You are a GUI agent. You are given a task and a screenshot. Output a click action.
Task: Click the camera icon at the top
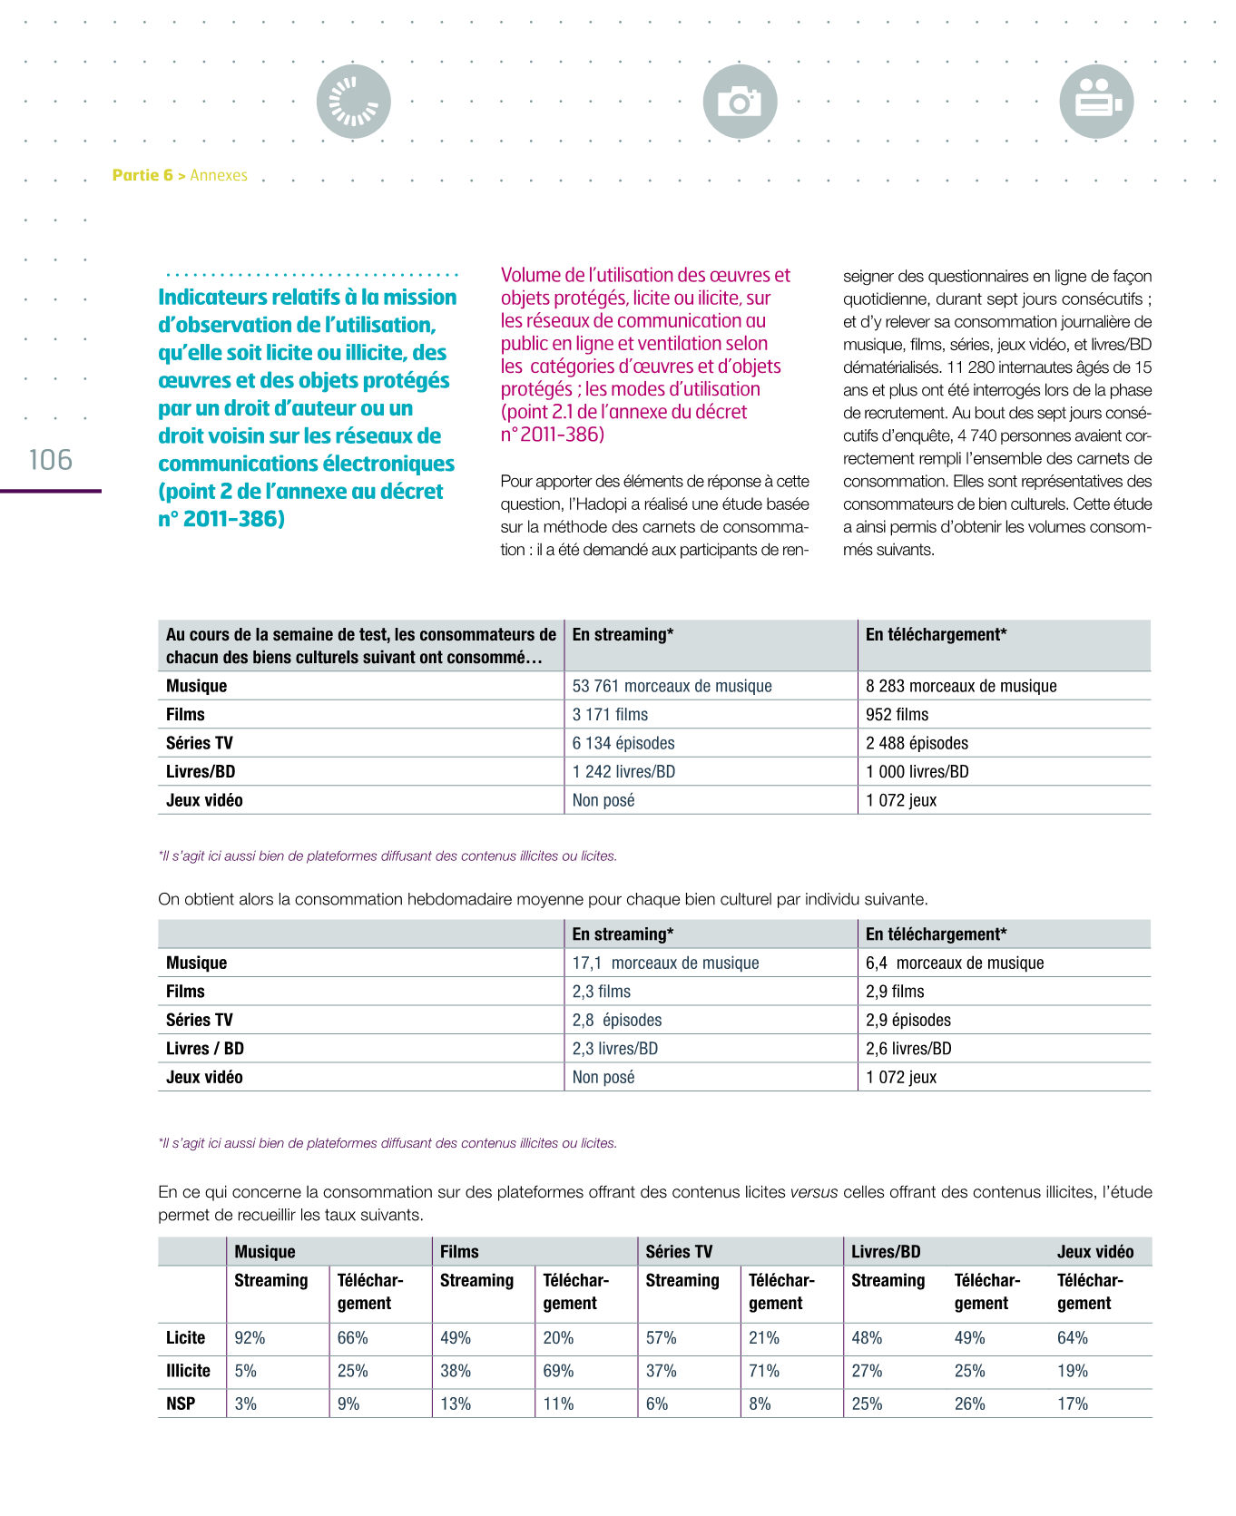coord(740,102)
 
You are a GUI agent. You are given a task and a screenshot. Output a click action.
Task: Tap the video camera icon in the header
coord(1096,102)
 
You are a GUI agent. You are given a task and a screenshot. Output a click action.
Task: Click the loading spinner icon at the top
coord(354,102)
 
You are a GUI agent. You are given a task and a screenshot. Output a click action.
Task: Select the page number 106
coord(51,460)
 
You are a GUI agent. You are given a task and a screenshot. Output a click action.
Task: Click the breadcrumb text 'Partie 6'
coord(142,175)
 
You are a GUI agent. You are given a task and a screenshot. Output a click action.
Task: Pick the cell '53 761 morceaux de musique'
coord(672,686)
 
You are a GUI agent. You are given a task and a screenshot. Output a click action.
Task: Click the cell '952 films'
coord(897,714)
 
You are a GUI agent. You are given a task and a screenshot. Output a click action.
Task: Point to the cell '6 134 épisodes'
coord(623,743)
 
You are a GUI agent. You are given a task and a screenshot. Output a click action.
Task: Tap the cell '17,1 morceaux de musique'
coord(665,963)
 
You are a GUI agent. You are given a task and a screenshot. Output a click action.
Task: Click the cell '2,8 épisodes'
coord(617,1020)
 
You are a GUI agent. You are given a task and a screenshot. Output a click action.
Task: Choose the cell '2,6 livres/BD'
coord(908,1049)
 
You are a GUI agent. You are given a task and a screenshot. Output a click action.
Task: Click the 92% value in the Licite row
coord(250,1338)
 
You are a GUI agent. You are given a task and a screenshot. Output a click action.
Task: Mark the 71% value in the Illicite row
coord(764,1371)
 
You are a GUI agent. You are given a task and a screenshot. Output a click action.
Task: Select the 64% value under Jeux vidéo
coord(1073,1338)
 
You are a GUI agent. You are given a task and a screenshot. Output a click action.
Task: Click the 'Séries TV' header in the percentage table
coord(679,1252)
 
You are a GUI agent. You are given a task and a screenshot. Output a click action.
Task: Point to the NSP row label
coord(181,1404)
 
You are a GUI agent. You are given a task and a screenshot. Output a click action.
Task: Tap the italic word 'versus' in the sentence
coord(814,1192)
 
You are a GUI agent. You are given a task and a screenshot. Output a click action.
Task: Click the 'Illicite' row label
coord(188,1371)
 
